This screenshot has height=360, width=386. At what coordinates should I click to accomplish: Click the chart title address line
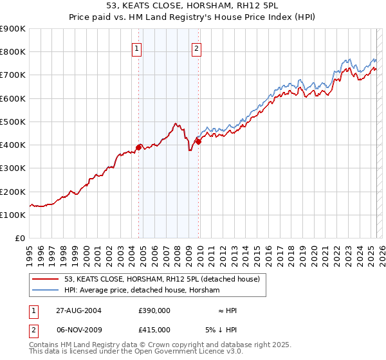point(193,5)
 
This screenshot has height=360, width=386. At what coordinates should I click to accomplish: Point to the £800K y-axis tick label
point(13,52)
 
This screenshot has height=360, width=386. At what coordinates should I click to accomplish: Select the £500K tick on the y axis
point(13,122)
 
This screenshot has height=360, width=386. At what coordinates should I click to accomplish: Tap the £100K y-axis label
point(13,215)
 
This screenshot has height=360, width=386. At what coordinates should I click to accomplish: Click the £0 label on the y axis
point(20,239)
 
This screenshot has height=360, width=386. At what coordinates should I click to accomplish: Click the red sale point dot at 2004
point(139,147)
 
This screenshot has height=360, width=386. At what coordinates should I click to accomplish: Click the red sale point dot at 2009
point(198,141)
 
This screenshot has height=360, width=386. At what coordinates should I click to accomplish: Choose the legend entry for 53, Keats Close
point(161,279)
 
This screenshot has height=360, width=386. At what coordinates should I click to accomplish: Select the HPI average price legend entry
point(142,291)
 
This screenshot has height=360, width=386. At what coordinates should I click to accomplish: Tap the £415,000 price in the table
point(154,329)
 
